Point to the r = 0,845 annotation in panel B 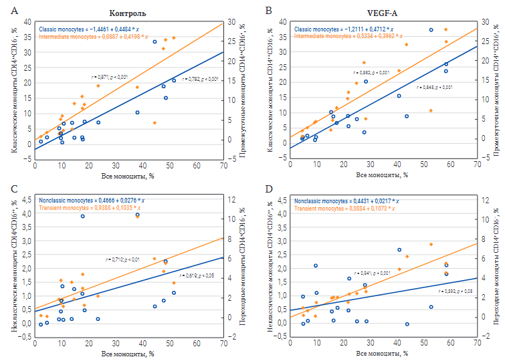click(x=435, y=88)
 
